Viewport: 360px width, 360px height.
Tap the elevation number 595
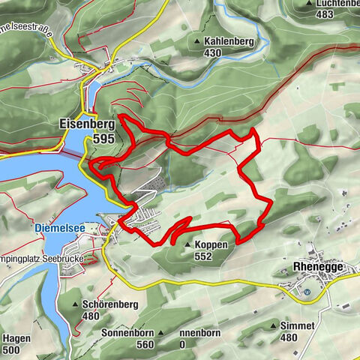[106, 139]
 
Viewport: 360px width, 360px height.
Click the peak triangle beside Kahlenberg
[198, 41]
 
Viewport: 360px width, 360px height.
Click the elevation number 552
[202, 256]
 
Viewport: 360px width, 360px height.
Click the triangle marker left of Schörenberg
[76, 304]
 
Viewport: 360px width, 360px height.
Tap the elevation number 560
[145, 344]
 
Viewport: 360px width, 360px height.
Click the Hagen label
[16, 339]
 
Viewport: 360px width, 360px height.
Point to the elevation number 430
[213, 53]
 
